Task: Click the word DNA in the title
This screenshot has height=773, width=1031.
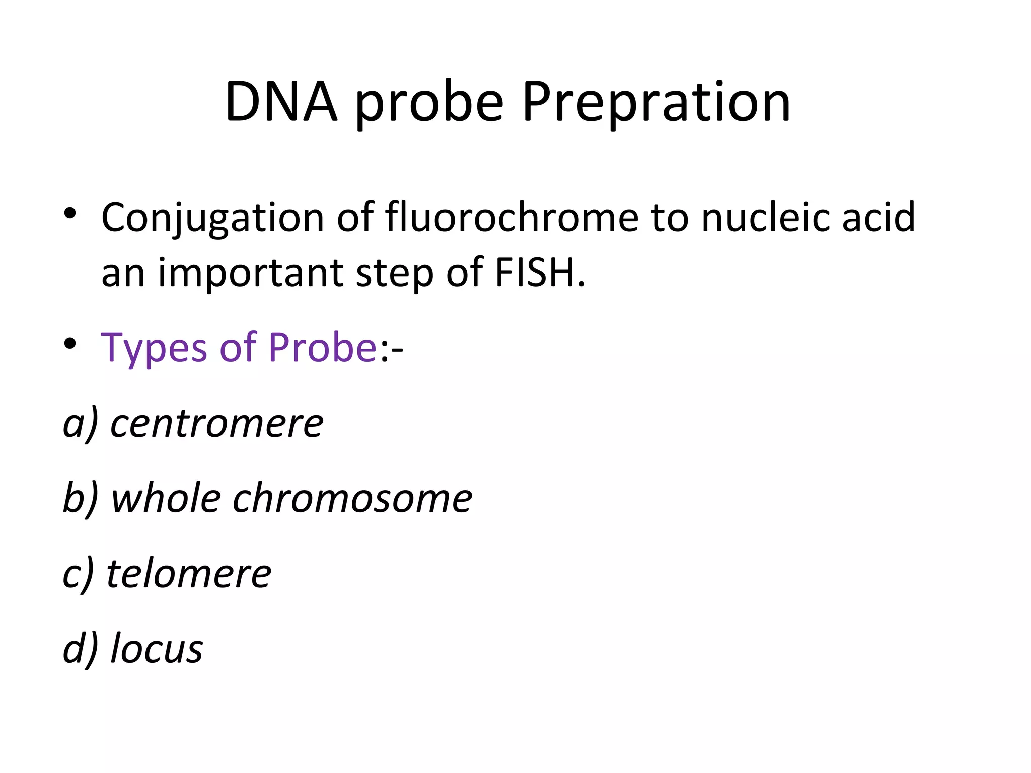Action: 281,102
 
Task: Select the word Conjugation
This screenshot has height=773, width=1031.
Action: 212,218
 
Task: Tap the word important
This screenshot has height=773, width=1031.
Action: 251,273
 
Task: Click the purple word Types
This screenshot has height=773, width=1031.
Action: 154,348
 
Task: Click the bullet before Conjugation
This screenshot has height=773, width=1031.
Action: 70,214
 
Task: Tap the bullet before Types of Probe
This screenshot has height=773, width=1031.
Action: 70,344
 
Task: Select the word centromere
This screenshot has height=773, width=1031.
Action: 216,424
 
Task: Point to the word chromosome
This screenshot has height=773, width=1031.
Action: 352,499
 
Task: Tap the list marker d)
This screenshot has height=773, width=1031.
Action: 80,649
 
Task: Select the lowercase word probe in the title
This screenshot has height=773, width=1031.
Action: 429,103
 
